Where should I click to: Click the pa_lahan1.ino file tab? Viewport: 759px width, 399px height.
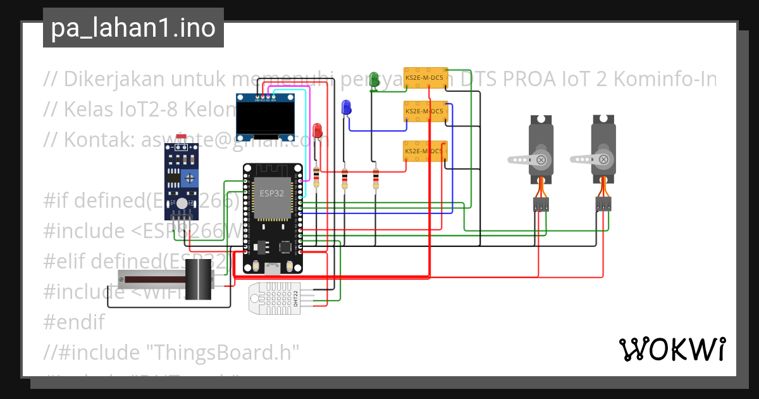pyautogui.click(x=133, y=28)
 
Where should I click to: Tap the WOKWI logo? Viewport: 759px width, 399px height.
pyautogui.click(x=672, y=349)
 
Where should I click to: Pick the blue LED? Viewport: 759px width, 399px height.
pyautogui.click(x=346, y=107)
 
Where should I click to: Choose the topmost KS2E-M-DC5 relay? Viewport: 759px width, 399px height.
pyautogui.click(x=425, y=78)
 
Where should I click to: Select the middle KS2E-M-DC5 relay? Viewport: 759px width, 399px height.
pyautogui.click(x=425, y=111)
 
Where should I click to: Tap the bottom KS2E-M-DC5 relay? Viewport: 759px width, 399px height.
pyautogui.click(x=425, y=152)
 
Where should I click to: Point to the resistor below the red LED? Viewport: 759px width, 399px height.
pyautogui.click(x=316, y=177)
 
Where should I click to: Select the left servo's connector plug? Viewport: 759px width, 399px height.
pyautogui.click(x=540, y=204)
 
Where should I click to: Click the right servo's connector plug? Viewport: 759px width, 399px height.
pyautogui.click(x=603, y=204)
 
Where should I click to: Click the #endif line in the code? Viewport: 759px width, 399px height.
pyautogui.click(x=74, y=322)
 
